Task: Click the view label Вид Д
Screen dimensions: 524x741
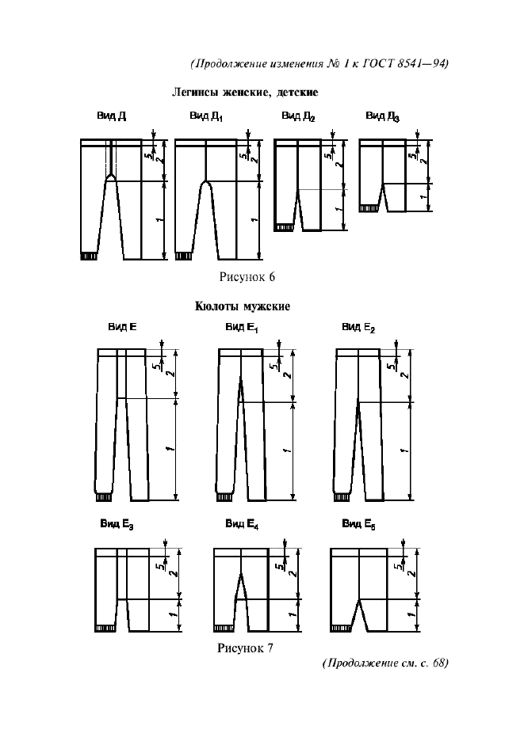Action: coord(112,116)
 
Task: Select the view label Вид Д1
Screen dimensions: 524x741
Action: coord(206,117)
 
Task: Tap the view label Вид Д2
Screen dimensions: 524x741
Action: coord(298,117)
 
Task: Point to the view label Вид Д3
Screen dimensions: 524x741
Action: coord(383,117)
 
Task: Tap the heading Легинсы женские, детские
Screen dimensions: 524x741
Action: coord(245,93)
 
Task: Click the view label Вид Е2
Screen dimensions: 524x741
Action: coord(358,327)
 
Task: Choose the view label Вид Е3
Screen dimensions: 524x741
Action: coord(117,524)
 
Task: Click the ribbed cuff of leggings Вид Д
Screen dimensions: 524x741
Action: coord(89,256)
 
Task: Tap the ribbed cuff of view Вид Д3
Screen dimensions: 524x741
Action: coord(367,209)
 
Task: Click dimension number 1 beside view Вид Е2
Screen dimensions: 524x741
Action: coord(404,450)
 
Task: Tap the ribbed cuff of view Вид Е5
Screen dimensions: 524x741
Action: coord(342,628)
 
